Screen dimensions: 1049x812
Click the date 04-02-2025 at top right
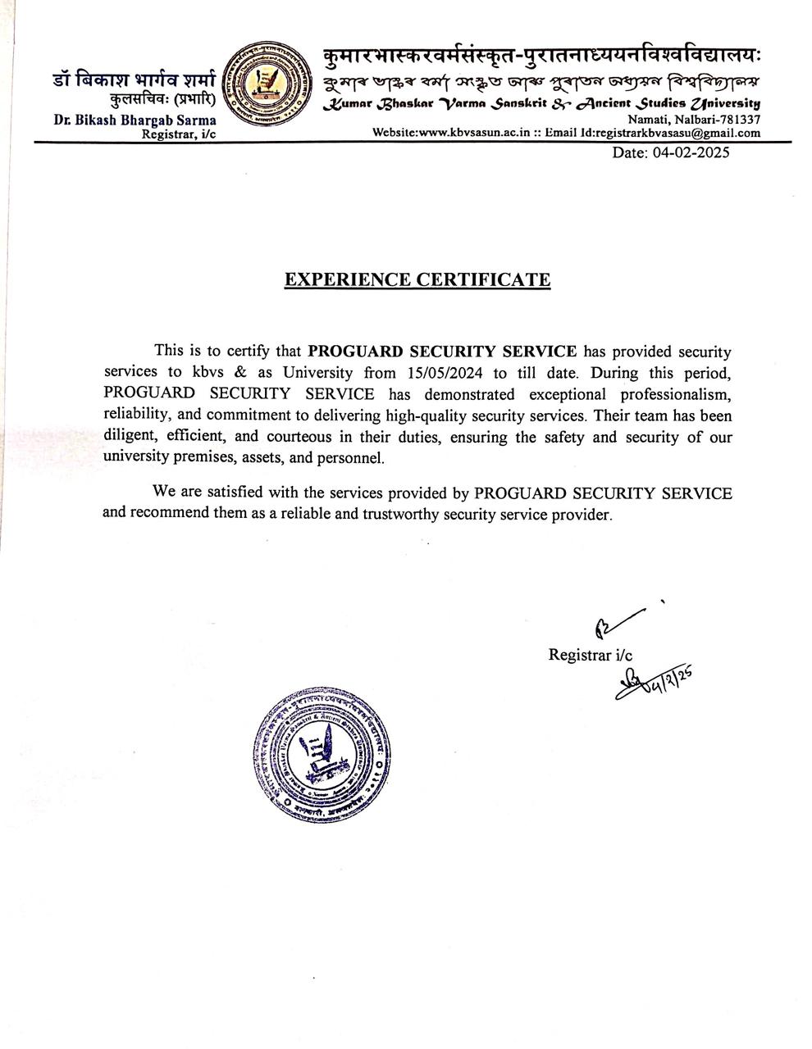(670, 152)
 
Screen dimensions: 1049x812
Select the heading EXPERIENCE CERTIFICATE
(417, 279)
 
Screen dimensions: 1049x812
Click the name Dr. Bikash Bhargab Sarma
(135, 120)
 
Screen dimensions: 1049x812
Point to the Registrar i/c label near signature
(590, 655)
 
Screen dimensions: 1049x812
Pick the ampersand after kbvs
(242, 372)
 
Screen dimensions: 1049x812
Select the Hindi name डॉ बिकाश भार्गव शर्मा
(134, 80)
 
